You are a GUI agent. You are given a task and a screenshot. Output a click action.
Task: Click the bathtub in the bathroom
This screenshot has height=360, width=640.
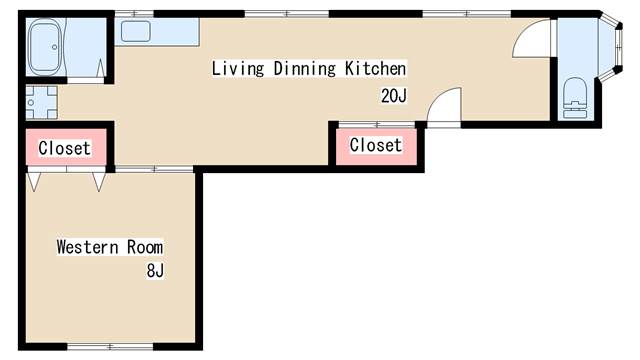pos(46,47)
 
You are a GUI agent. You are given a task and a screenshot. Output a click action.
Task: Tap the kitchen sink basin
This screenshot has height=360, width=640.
pos(136,31)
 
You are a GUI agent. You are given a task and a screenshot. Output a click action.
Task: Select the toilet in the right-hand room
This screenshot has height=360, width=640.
pos(575,98)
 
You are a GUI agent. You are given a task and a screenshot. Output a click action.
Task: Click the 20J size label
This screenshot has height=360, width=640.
pos(394,96)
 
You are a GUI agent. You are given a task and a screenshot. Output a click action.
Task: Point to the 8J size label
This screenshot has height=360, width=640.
pos(155,270)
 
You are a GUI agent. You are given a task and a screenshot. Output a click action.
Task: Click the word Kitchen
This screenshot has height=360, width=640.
pos(376,68)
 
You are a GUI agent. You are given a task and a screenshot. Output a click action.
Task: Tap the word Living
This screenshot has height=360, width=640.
pos(238,68)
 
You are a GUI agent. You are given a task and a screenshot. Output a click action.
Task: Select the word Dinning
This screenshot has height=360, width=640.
pos(304,68)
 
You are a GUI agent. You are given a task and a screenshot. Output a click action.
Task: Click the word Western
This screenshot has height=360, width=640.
pos(88,247)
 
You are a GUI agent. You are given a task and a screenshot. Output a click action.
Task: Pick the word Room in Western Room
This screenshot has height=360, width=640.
pos(145,247)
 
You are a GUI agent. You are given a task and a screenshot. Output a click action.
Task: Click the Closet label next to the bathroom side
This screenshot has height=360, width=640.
pos(64,148)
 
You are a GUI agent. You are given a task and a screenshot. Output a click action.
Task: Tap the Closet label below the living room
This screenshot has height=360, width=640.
pos(376,145)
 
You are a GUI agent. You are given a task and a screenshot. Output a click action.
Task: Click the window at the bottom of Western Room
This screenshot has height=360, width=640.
pos(110,347)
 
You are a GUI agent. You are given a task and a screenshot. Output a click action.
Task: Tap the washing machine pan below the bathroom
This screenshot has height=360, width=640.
pos(42,102)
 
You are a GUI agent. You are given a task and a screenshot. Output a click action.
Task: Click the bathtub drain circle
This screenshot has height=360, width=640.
pos(55,47)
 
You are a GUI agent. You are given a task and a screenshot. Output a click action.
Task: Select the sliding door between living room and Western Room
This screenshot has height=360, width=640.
pos(154,169)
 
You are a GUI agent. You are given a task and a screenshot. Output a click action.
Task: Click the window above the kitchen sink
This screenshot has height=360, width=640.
pos(134,14)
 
